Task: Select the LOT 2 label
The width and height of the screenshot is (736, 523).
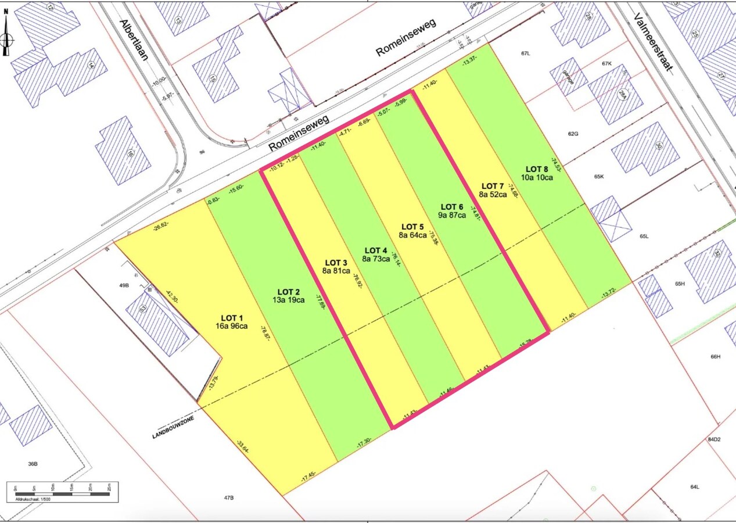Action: click(x=289, y=292)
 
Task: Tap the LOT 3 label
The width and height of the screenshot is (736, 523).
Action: click(x=336, y=263)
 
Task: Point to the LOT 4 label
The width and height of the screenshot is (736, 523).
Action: click(x=376, y=250)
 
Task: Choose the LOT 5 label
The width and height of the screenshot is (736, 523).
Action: click(x=413, y=227)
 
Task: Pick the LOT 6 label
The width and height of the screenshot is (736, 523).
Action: click(x=452, y=207)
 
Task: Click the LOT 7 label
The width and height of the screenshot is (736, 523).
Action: click(x=492, y=186)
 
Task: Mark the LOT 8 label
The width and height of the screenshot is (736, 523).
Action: click(x=537, y=169)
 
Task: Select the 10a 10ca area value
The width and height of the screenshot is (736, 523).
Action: click(x=537, y=177)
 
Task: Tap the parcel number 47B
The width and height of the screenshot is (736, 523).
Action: click(x=229, y=498)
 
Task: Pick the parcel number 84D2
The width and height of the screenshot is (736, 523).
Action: click(x=713, y=440)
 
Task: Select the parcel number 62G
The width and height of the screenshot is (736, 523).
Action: click(x=573, y=134)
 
